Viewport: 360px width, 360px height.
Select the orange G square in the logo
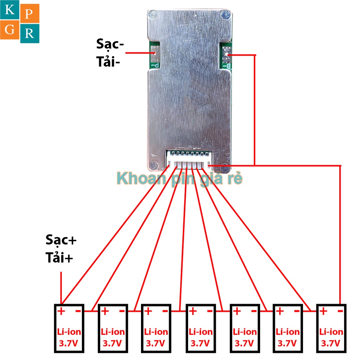[10, 30]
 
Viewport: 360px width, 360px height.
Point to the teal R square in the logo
[30, 34]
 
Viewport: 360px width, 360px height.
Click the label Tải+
[59, 258]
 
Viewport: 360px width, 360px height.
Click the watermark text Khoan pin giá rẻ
[180, 179]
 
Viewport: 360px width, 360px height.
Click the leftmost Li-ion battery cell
[69, 328]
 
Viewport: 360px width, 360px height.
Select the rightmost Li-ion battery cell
[331, 328]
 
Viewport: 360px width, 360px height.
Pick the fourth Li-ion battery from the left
[200, 328]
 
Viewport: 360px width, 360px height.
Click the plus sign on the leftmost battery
[61, 311]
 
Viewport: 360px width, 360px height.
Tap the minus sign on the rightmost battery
[340, 311]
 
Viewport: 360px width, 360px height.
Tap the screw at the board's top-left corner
[152, 15]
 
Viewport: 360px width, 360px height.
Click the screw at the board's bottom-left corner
[152, 164]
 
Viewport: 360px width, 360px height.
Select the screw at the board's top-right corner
[225, 14]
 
